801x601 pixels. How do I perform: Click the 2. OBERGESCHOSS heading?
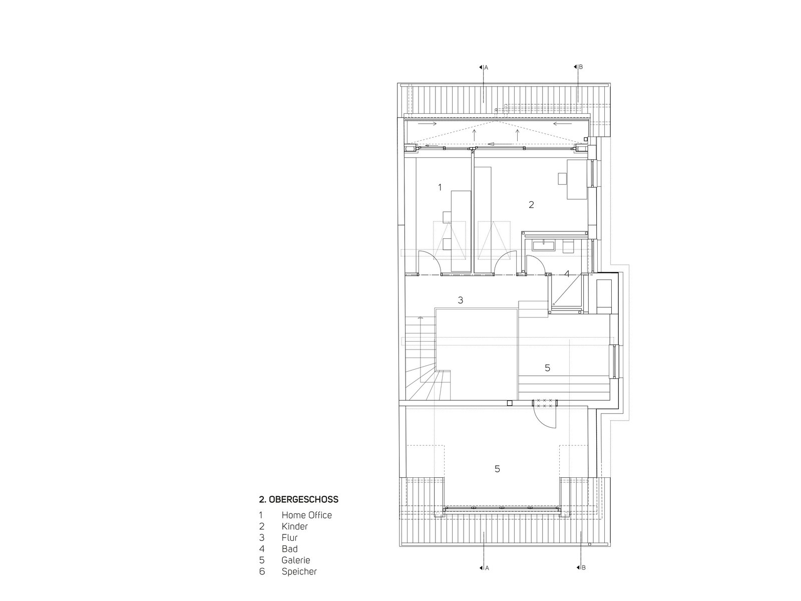(x=298, y=499)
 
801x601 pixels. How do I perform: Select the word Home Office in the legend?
(x=306, y=515)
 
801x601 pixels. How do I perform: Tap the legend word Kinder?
(x=294, y=526)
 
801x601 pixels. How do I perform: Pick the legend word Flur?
(x=289, y=537)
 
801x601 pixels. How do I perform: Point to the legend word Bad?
(x=289, y=549)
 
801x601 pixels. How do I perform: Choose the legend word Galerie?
(x=295, y=560)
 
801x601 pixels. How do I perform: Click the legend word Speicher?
(x=299, y=571)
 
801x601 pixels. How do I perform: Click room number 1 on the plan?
(x=440, y=187)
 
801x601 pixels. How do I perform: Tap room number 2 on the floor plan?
(x=531, y=204)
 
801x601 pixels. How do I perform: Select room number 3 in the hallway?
(x=461, y=300)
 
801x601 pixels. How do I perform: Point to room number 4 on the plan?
(x=567, y=273)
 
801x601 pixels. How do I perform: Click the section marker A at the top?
(x=484, y=68)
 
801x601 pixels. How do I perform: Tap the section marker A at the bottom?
(x=484, y=568)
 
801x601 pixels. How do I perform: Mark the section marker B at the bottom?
(x=581, y=567)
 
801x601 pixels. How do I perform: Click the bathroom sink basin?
(x=544, y=245)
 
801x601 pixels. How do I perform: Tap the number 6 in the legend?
(x=262, y=571)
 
